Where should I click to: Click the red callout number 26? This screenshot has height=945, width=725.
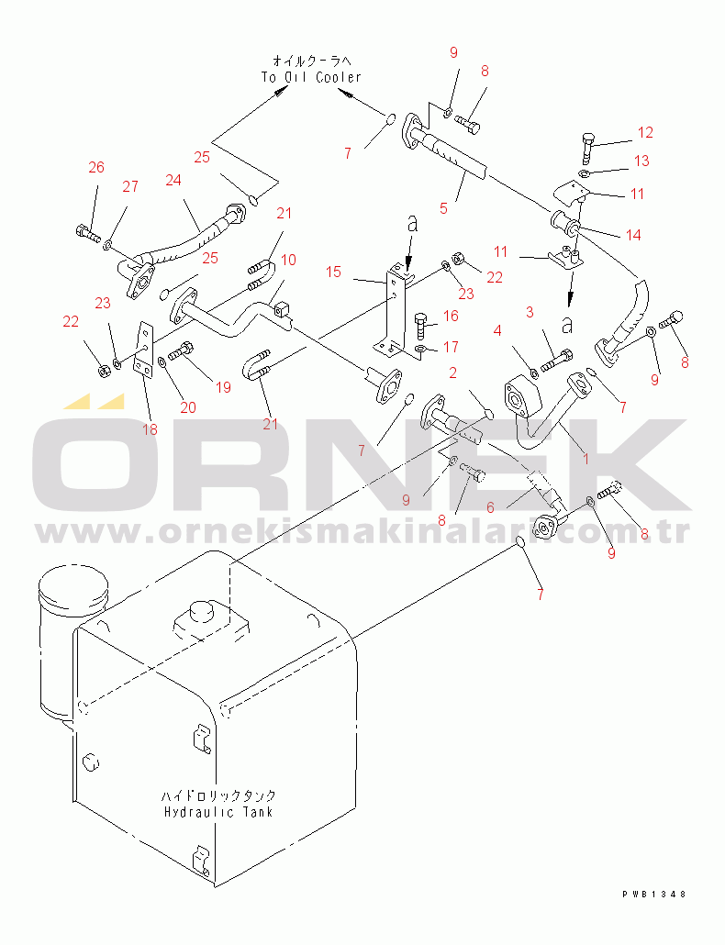(96, 168)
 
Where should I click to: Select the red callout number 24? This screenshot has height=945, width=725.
(173, 180)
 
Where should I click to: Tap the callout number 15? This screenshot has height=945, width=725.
(334, 272)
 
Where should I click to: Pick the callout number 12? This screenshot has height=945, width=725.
(645, 133)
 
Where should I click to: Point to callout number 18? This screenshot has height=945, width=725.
(150, 429)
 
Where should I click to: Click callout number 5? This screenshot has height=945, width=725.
(443, 208)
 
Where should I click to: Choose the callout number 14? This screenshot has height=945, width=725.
(633, 235)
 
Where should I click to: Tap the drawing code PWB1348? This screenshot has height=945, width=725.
(654, 895)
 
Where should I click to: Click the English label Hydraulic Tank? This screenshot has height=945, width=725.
(218, 812)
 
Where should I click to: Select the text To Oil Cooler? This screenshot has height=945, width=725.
(311, 77)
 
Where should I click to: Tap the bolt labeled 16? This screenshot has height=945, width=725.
(422, 326)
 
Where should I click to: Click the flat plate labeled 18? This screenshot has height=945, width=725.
(146, 350)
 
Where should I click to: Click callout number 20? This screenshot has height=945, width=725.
(188, 408)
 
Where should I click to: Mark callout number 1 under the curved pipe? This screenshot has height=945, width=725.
(586, 460)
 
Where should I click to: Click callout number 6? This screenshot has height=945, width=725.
(491, 508)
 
